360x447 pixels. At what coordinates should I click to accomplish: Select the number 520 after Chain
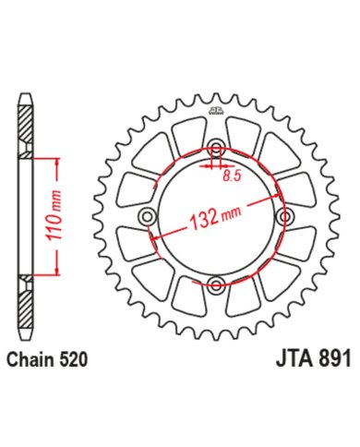coord(75,361)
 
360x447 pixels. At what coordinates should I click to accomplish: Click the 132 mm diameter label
coord(213,219)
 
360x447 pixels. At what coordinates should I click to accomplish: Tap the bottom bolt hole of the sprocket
coord(215,284)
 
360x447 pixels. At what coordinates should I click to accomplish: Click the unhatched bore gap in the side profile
coord(25,217)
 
